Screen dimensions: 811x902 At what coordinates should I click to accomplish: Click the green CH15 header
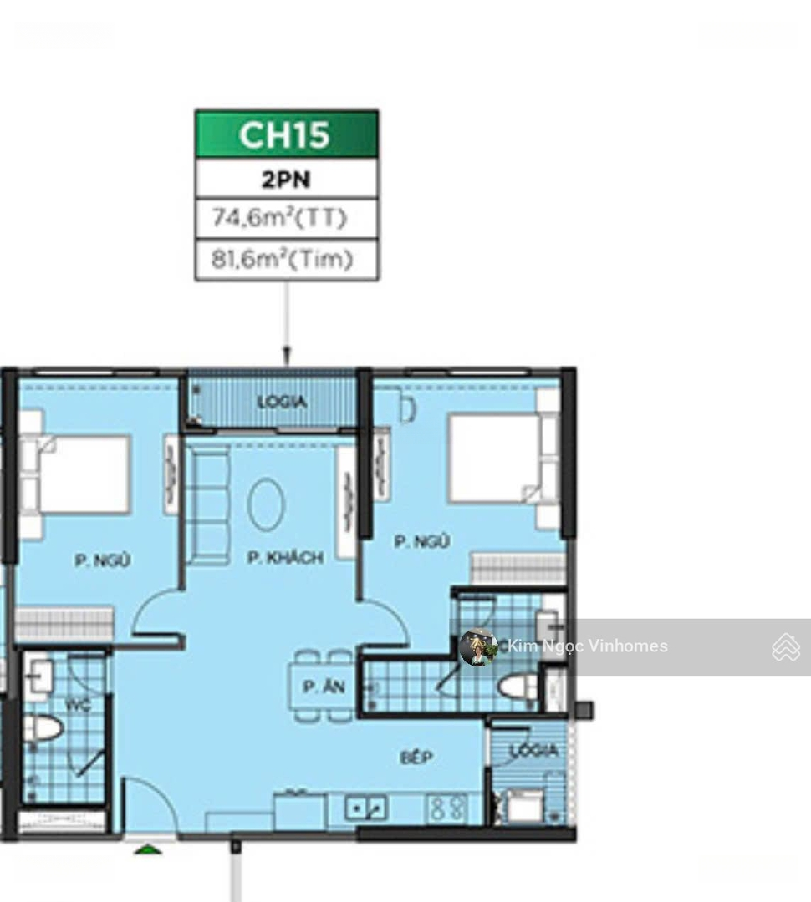pos(286,134)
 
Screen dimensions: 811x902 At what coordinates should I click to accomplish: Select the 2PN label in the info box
pos(286,180)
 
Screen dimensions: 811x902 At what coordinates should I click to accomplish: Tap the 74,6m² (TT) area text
pos(280,217)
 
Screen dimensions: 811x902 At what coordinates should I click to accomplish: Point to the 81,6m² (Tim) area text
pos(282,259)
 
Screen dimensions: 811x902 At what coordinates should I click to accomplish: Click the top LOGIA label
pos(282,402)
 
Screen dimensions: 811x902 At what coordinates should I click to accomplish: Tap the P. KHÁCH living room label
pos(285,557)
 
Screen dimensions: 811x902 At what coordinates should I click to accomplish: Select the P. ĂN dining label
pos(324,686)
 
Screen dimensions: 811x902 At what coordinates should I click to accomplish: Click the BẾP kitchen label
pos(416,757)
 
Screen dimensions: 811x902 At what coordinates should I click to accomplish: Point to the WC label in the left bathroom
pos(78,705)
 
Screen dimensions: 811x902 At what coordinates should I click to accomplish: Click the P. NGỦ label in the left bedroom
pos(103,560)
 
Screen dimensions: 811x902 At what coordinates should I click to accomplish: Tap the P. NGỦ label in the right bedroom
pos(421,541)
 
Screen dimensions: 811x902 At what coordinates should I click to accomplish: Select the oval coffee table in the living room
pos(266,504)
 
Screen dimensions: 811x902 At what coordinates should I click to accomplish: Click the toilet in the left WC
pos(43,729)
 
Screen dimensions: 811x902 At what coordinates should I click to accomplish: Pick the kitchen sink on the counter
pos(365,808)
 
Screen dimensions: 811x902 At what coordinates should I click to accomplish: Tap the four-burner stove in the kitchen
pos(446,808)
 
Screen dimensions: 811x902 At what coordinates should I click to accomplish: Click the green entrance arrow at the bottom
pos(148,849)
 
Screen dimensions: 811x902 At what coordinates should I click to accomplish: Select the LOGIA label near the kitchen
pos(534,750)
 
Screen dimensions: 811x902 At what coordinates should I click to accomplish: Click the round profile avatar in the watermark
pos(478,647)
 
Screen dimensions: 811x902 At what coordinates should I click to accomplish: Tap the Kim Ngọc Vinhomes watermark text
pos(588,646)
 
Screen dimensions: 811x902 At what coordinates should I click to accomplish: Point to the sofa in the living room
pos(207,506)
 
